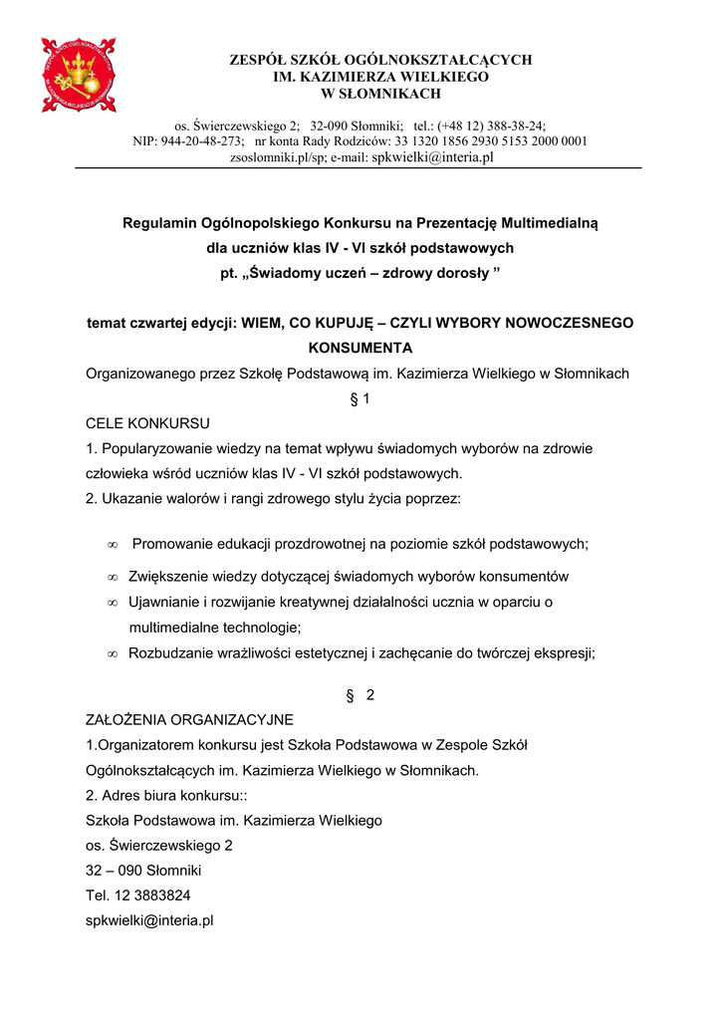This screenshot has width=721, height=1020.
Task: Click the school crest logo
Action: [79, 75]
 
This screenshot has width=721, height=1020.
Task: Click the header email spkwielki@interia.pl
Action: [432, 157]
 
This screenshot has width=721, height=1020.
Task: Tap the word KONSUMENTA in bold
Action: [360, 349]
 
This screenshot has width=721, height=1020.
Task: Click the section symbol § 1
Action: [360, 399]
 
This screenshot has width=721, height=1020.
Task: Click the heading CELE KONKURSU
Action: [147, 423]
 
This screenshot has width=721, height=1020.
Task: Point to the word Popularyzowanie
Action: [158, 448]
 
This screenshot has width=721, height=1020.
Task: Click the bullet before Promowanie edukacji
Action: [112, 544]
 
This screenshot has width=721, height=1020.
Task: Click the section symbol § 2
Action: [360, 695]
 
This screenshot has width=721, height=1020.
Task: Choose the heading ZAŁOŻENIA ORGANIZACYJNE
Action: [189, 719]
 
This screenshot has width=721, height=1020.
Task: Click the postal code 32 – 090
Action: [118, 871]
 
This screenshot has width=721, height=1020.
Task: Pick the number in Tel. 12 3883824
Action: [154, 895]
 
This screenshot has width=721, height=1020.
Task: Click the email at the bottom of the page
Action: [150, 921]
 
